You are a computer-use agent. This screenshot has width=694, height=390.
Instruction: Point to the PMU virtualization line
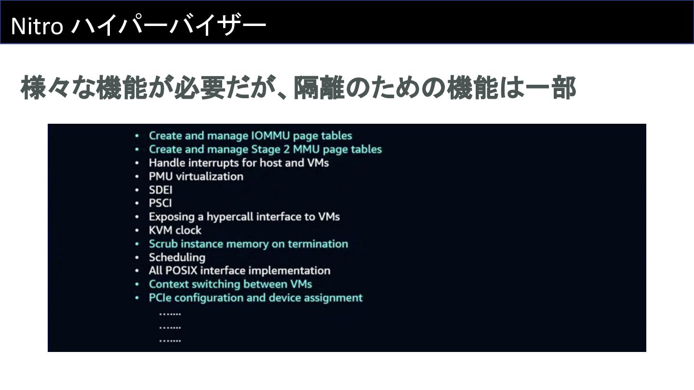point(196,176)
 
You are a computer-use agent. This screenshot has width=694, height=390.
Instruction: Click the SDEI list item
point(160,190)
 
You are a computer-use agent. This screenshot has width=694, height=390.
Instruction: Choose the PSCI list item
point(160,203)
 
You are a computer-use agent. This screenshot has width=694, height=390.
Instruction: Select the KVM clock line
point(175,230)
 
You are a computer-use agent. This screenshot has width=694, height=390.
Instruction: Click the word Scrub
point(163,244)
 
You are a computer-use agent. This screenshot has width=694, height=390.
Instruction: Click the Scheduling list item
point(177,257)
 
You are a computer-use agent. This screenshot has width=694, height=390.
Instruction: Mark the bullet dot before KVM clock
point(137,231)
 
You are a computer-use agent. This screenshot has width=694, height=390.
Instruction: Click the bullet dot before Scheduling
point(137,258)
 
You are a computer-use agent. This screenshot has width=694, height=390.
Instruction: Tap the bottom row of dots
point(170,340)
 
